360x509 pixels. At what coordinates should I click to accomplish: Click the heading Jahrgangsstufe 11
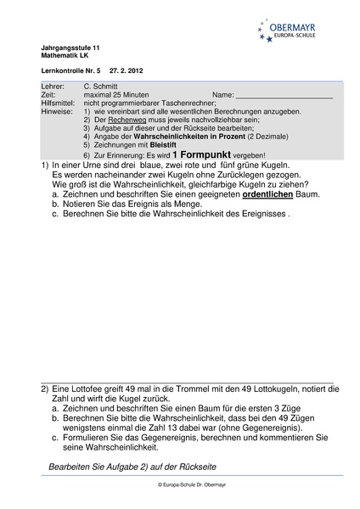pos(70,48)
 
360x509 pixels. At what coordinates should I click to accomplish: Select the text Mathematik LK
pos(65,55)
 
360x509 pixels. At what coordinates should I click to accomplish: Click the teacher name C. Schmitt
pos(102,87)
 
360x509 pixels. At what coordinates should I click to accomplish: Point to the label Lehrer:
pos(53,87)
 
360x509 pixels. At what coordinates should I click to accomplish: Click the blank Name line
pos(284,96)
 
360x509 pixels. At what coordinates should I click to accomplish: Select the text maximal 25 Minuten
pos(120,95)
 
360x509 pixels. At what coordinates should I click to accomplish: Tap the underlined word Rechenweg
pos(124,120)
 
